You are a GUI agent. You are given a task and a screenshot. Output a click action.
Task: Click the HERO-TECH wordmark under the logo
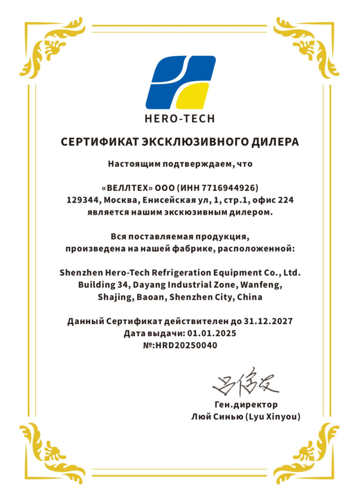180,119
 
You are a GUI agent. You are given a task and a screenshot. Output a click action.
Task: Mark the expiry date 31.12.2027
268,322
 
